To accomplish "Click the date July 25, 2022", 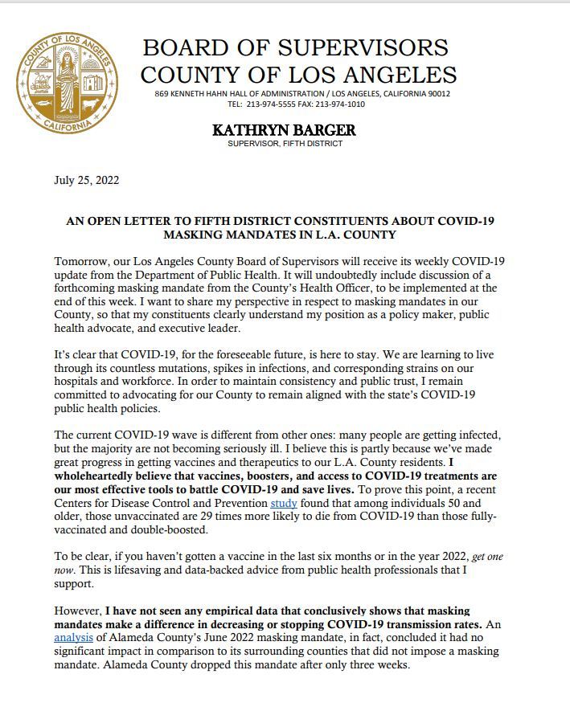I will point(86,180).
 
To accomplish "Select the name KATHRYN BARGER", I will point(284,130).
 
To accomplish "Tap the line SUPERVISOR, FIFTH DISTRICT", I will point(285,144).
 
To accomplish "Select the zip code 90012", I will point(437,94).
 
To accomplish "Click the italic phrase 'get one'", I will point(490,557).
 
